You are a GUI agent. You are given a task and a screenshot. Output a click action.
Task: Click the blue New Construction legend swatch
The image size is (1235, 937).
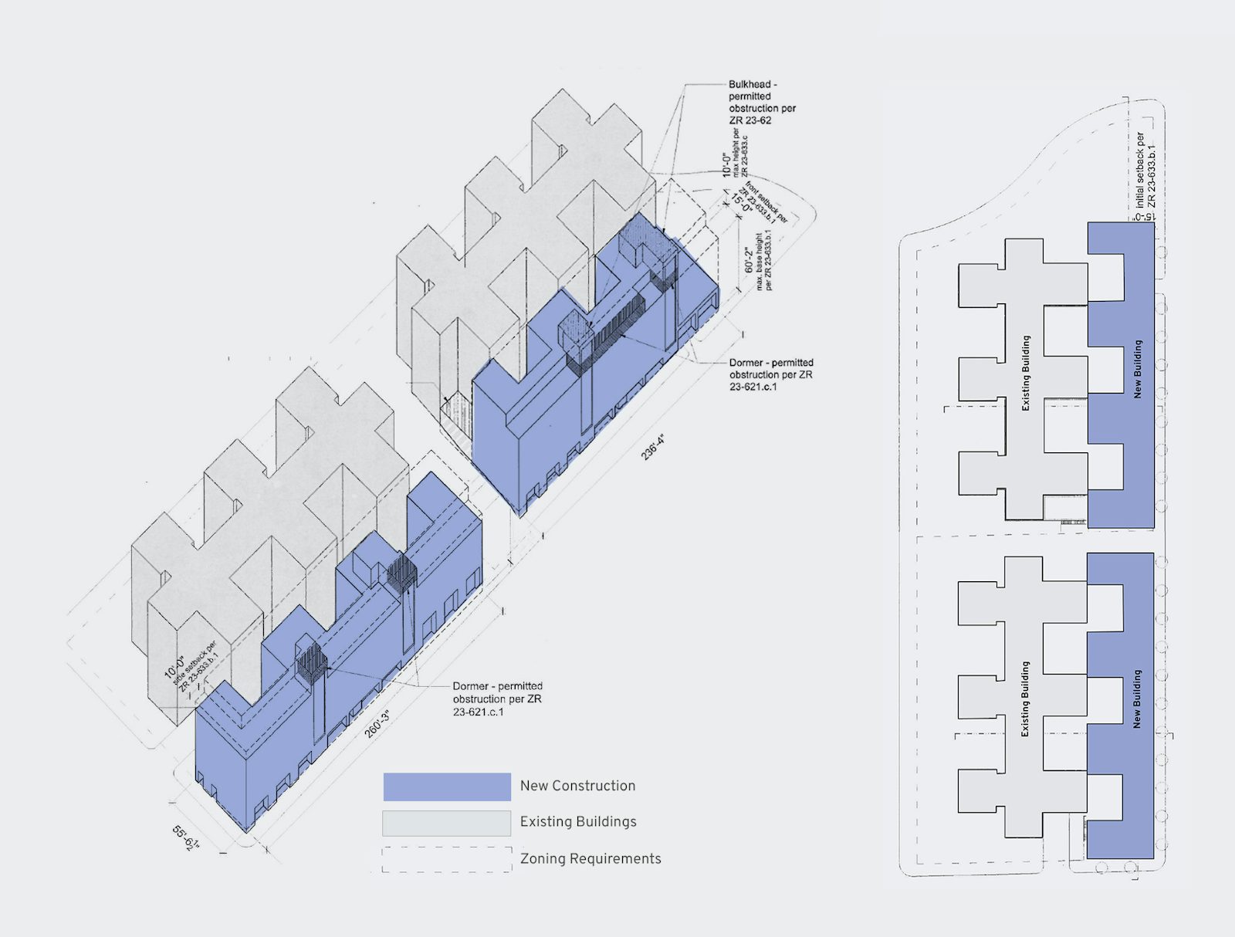(x=447, y=786)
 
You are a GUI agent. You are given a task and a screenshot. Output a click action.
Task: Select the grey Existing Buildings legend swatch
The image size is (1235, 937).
(x=447, y=823)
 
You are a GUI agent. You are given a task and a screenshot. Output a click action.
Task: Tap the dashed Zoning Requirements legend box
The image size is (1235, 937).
(x=447, y=859)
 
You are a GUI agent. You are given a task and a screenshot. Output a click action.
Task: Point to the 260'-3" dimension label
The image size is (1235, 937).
(x=377, y=723)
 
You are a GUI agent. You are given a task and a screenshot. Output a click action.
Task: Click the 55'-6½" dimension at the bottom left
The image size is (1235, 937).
(x=186, y=837)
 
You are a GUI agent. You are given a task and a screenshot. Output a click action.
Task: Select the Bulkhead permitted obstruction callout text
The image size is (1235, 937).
(x=762, y=102)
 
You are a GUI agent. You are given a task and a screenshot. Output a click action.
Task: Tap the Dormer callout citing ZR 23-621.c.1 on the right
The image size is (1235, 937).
(x=770, y=374)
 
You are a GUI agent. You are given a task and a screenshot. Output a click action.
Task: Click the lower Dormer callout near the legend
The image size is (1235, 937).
(x=497, y=699)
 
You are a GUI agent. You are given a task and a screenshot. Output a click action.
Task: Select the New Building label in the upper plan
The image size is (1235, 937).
(x=1137, y=369)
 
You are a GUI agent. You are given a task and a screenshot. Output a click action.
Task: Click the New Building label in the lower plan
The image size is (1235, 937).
(x=1137, y=699)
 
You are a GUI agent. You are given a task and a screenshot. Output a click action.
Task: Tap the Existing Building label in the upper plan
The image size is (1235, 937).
(x=1026, y=372)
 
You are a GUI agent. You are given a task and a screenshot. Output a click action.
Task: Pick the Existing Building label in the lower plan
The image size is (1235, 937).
(x=1026, y=699)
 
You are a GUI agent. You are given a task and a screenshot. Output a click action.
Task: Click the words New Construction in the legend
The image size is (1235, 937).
(x=577, y=786)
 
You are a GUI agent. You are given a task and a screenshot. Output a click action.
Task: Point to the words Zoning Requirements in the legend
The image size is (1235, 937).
(x=590, y=858)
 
